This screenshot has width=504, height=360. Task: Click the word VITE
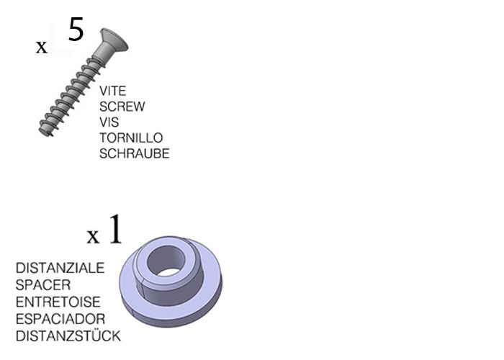click(x=112, y=91)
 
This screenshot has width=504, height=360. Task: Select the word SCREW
click(x=122, y=107)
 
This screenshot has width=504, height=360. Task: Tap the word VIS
click(x=109, y=122)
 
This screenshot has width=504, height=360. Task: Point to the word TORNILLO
click(x=131, y=138)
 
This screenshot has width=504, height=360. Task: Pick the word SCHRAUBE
click(x=135, y=154)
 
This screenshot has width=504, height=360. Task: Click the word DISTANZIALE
click(x=60, y=268)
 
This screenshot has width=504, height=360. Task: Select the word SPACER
click(x=43, y=285)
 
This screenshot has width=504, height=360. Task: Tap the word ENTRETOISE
click(x=58, y=302)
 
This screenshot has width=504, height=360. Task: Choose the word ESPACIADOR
click(x=60, y=319)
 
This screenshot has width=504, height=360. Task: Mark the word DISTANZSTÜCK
click(x=68, y=336)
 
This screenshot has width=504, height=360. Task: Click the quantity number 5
click(x=76, y=30)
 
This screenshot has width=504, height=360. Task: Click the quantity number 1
click(x=115, y=229)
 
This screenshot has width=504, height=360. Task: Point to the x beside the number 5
click(x=42, y=48)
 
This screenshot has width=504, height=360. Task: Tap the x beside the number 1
click(x=93, y=237)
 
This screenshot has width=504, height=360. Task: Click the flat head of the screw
click(x=114, y=40)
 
